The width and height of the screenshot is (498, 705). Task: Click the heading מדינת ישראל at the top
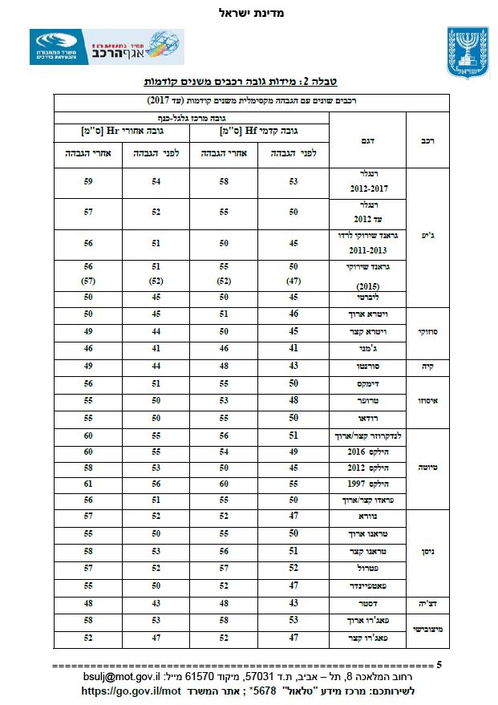pos(251,13)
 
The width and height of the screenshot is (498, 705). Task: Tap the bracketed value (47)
pos(294,282)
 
